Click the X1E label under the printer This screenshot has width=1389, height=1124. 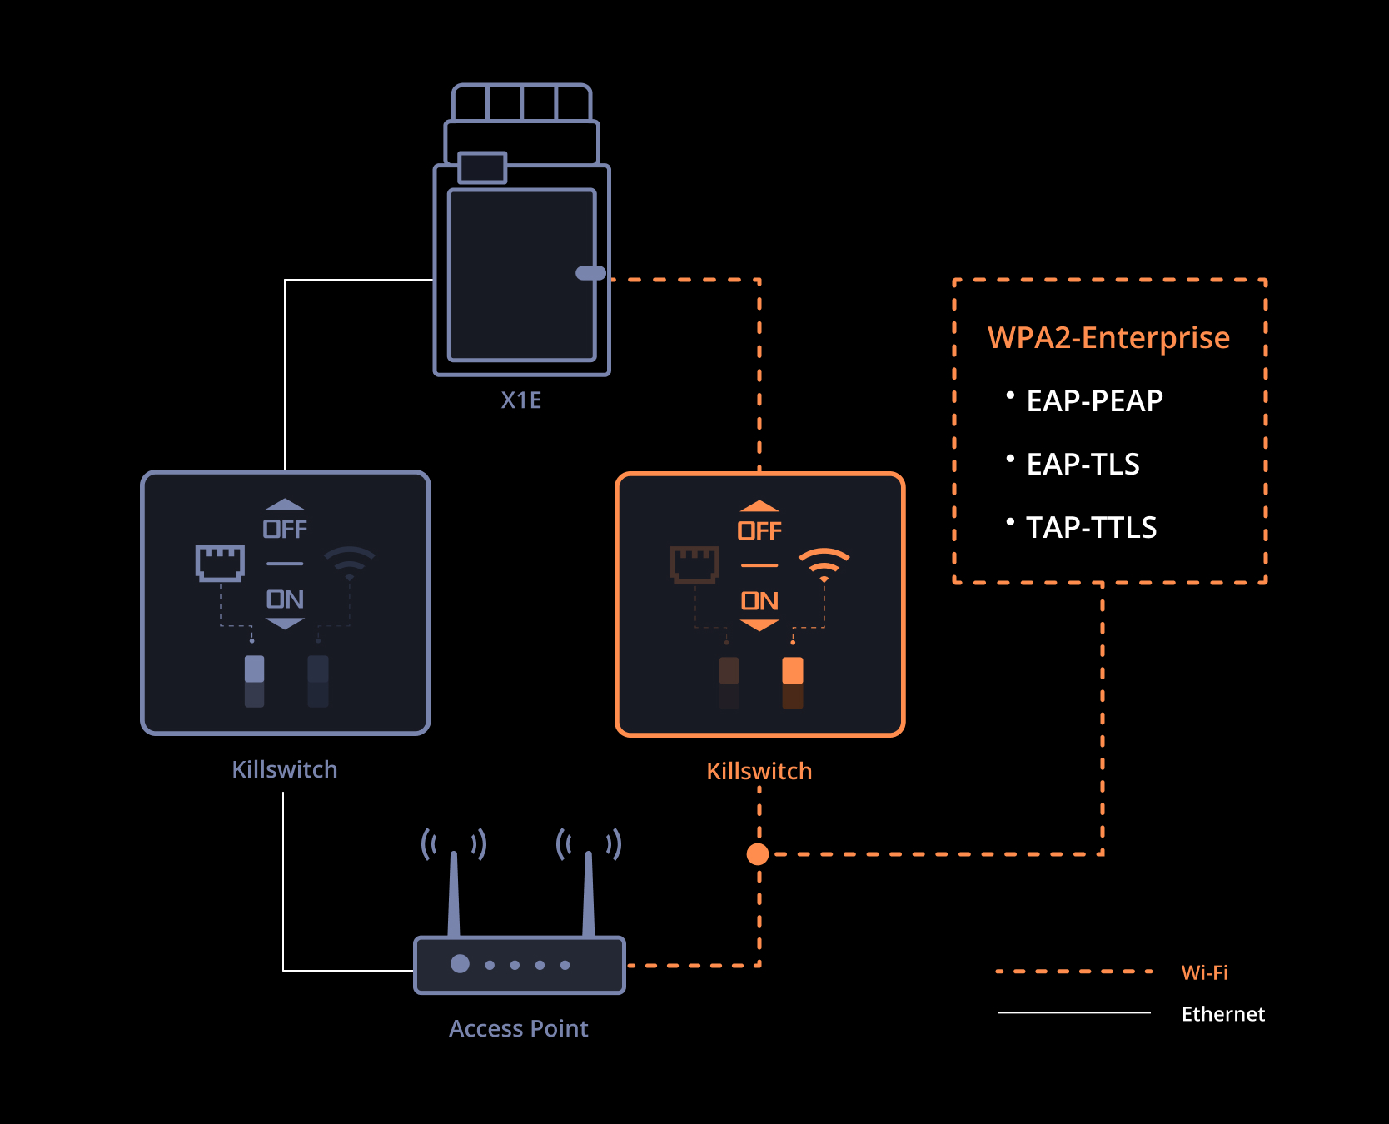(521, 400)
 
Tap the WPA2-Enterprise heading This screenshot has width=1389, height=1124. (1108, 337)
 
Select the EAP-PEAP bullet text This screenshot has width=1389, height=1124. (1094, 400)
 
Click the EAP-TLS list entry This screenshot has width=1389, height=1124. (1083, 464)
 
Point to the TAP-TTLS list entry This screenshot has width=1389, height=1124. (1091, 527)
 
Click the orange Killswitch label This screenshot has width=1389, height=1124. (759, 771)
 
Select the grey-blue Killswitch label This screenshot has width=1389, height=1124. (285, 769)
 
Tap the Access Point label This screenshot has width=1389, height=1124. (519, 1028)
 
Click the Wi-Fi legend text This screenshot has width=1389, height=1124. (1205, 972)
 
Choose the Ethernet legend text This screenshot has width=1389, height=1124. (1223, 1014)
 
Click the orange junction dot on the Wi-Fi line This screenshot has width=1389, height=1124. (758, 854)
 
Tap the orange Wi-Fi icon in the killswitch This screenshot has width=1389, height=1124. (824, 565)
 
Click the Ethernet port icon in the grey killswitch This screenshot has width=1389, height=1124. (220, 563)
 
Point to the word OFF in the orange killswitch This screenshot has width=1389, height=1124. (759, 531)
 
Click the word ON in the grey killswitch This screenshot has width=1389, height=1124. (285, 599)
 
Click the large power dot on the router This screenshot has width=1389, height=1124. (460, 964)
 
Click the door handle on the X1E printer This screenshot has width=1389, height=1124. (590, 273)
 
